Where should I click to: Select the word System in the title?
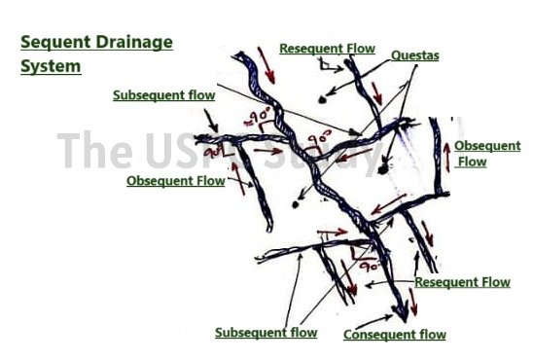tap(51, 67)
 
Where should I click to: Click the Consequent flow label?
tap(395, 335)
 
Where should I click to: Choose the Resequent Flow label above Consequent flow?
tap(462, 282)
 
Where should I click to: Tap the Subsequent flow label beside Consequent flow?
tap(266, 333)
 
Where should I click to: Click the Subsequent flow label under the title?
tap(163, 95)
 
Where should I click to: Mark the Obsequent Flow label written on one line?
tap(175, 180)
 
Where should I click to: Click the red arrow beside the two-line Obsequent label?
tap(448, 157)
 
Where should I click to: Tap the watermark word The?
tap(93, 151)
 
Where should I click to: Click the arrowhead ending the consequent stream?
tap(398, 313)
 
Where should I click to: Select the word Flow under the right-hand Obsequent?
tap(472, 162)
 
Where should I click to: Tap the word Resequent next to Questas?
tap(308, 48)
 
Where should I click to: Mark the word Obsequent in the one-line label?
tap(160, 180)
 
